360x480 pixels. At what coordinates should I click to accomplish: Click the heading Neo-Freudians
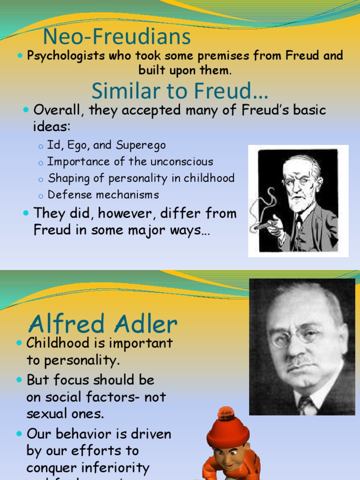coord(117,37)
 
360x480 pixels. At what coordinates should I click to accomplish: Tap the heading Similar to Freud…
coord(180,90)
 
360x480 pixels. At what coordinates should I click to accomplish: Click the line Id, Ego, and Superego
coord(106,145)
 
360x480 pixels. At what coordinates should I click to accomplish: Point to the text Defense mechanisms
coord(103,195)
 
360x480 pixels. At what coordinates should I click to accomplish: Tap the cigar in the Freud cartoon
coord(264,225)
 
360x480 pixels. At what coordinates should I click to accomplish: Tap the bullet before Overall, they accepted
coord(26,111)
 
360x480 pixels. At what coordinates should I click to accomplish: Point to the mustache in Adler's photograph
coord(300,361)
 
